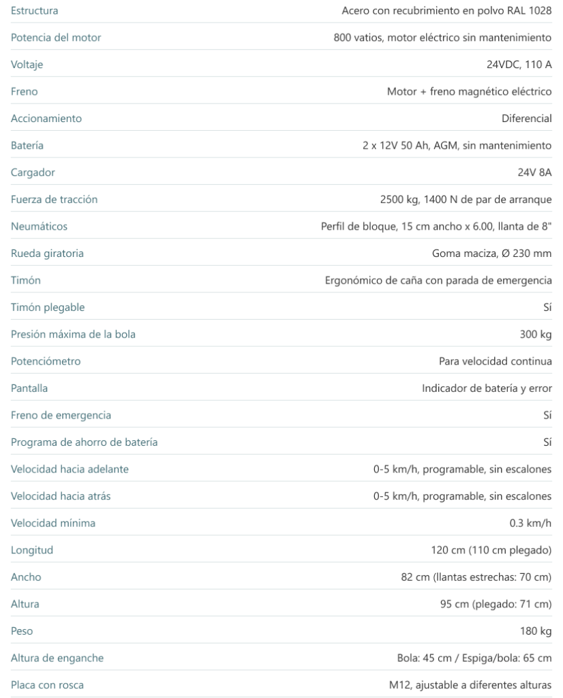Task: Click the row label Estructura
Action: pos(34,11)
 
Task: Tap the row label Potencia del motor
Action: pos(55,38)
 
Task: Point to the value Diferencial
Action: pos(526,119)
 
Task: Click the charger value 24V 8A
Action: pos(534,172)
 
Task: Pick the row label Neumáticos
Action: pos(39,226)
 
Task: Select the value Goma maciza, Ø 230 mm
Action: pos(491,254)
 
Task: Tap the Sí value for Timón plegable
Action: pos(547,307)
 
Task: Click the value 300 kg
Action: pos(535,335)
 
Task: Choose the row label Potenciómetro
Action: pos(45,361)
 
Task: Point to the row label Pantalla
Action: pos(29,388)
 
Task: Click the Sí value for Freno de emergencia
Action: pos(547,415)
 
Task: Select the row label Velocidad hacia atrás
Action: pos(61,496)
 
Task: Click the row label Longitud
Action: pos(31,550)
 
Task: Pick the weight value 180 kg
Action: pos(535,631)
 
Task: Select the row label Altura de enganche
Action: pos(57,658)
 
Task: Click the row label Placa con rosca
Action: pos(47,685)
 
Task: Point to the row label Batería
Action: pos(27,146)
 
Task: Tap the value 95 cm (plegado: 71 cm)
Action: pos(496,604)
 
